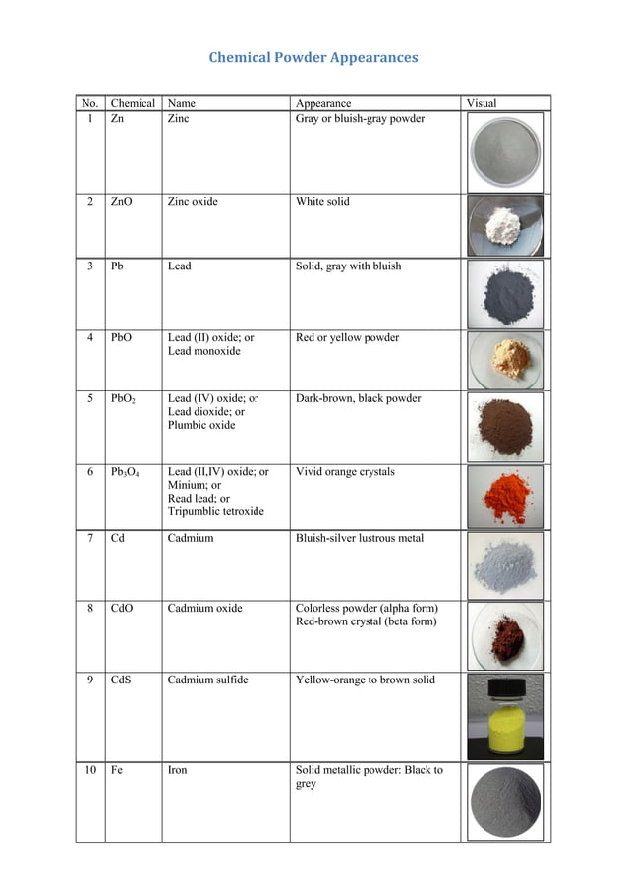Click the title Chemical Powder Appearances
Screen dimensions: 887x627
coord(313,57)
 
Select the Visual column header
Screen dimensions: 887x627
coord(481,103)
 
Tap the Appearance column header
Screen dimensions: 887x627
coord(322,103)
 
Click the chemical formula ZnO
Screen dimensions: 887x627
coord(122,202)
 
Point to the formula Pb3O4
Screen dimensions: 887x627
coord(125,472)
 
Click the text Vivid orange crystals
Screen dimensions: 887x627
coord(345,472)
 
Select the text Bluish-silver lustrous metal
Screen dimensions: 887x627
coord(360,539)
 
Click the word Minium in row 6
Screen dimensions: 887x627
coord(187,486)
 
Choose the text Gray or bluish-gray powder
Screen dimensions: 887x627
coord(360,119)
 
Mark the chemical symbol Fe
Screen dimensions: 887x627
coord(117,770)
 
